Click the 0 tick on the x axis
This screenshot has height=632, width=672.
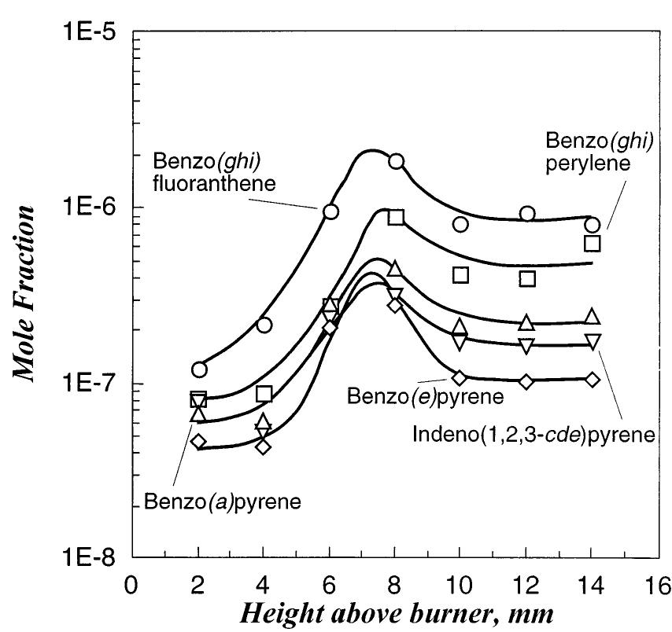[x=135, y=586]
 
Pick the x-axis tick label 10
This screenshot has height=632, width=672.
[x=460, y=586]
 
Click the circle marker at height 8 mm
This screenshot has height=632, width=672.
[x=396, y=161]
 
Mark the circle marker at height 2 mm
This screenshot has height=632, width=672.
[x=199, y=369]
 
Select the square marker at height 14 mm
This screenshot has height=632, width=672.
[x=593, y=243]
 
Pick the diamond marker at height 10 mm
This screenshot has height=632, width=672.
[x=460, y=377]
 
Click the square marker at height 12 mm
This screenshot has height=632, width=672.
[x=527, y=278]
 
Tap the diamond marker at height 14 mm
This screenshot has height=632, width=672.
[x=593, y=380]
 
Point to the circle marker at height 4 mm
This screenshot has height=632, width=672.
[x=264, y=325]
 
